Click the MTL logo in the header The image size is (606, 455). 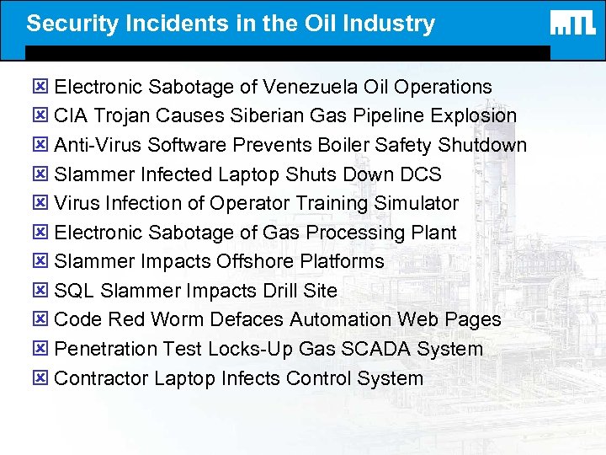[573, 24]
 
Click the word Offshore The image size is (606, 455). [259, 261]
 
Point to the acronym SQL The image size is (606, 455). [74, 291]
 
